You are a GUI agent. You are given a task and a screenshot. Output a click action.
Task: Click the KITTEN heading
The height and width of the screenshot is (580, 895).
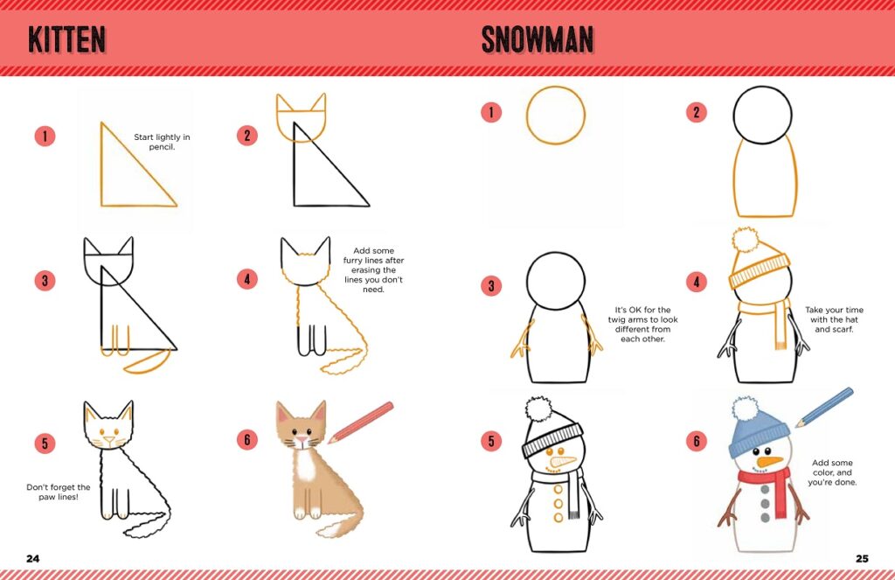tap(66, 39)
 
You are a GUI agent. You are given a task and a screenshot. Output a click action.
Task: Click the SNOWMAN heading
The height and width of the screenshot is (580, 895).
tap(537, 39)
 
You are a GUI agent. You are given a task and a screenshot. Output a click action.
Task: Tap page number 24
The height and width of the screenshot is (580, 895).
tap(33, 558)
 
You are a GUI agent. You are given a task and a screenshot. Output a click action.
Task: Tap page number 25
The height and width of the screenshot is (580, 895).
tap(861, 558)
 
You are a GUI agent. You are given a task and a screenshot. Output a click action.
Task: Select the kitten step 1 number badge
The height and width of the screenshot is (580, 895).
tap(45, 136)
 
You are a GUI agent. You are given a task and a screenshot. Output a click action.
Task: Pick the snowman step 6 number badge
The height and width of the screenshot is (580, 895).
tap(696, 441)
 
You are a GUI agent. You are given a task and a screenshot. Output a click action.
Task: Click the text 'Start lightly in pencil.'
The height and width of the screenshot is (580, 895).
tap(162, 142)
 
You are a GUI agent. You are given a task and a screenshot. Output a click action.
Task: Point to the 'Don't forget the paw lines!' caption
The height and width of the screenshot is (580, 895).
tap(59, 493)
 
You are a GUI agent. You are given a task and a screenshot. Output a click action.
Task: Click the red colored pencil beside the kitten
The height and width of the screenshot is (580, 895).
tap(361, 422)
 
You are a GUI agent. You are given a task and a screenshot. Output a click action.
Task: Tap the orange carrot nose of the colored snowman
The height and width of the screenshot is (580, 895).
tap(769, 461)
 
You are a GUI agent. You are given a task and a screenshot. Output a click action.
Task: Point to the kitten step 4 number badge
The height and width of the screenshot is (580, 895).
tap(247, 279)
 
